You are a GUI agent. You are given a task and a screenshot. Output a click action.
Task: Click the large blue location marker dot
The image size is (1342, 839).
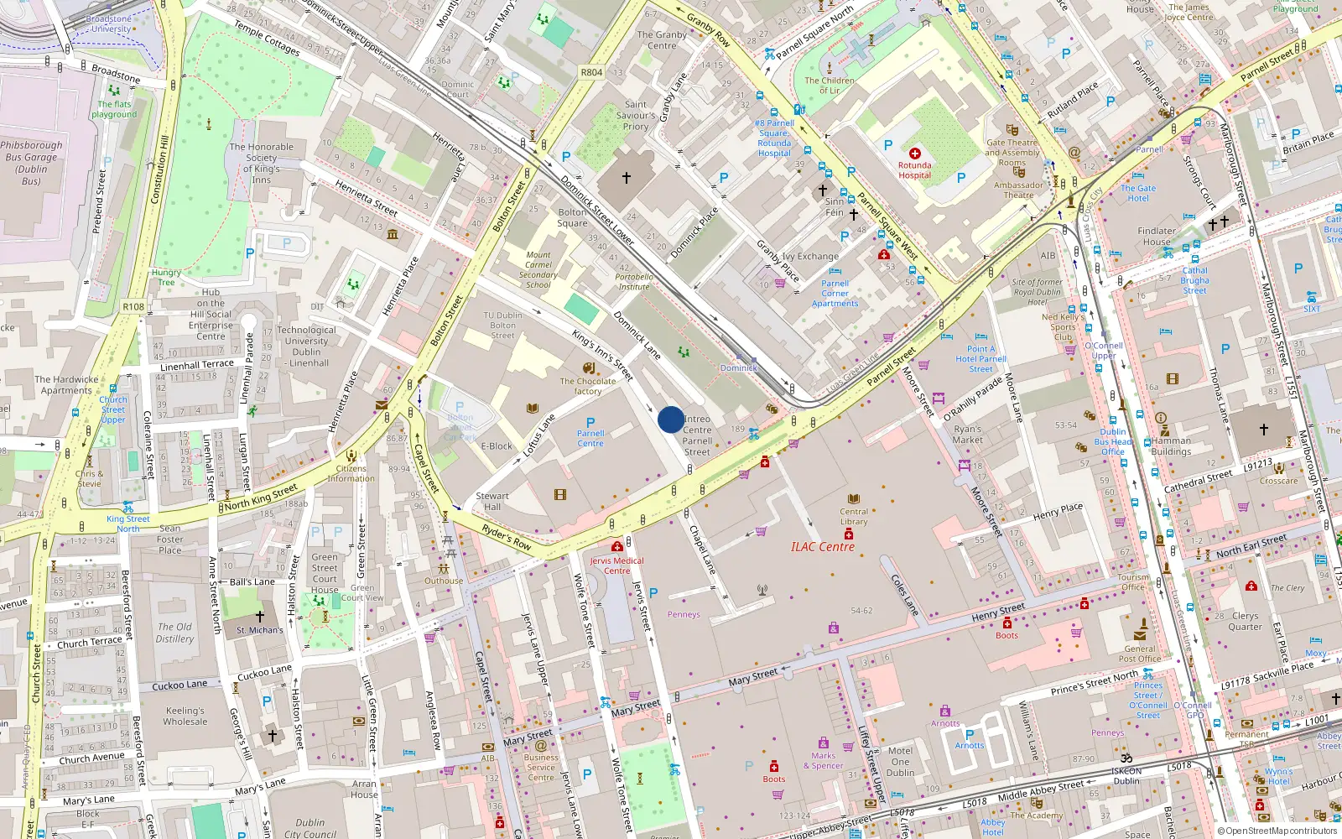click(x=670, y=419)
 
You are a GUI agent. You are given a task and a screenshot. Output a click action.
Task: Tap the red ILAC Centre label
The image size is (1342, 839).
click(x=822, y=547)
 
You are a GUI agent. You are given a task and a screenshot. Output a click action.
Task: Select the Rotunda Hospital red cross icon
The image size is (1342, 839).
click(x=914, y=154)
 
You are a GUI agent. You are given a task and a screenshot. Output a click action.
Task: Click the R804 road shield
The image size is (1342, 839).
click(x=591, y=72)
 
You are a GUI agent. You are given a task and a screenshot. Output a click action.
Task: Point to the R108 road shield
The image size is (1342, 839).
click(x=133, y=307)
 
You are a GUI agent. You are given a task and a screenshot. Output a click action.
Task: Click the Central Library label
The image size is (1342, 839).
click(x=854, y=516)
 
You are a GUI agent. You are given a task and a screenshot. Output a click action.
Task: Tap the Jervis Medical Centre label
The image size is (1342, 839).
click(x=616, y=565)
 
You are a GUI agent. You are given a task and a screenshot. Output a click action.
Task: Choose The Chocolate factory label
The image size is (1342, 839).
click(x=587, y=386)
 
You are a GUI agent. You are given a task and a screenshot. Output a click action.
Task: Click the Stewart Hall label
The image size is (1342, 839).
click(x=492, y=501)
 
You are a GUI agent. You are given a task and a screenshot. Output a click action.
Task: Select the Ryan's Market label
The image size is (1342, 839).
click(x=967, y=435)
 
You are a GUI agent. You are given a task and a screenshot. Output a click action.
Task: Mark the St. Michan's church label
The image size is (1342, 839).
click(x=259, y=629)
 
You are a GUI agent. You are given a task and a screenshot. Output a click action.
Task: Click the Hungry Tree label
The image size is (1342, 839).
click(x=166, y=277)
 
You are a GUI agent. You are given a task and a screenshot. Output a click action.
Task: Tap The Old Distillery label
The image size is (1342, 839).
click(x=175, y=633)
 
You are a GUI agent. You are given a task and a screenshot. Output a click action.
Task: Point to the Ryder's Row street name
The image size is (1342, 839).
click(x=507, y=537)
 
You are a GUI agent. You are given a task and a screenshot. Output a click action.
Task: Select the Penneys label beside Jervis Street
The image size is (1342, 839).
click(x=684, y=614)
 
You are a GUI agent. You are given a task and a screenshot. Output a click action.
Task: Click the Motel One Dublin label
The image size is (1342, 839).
click(x=900, y=762)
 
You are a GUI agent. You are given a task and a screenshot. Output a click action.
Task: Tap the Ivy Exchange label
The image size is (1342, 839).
click(x=810, y=257)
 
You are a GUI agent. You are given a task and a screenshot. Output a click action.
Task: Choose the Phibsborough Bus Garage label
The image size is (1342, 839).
click(x=32, y=163)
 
